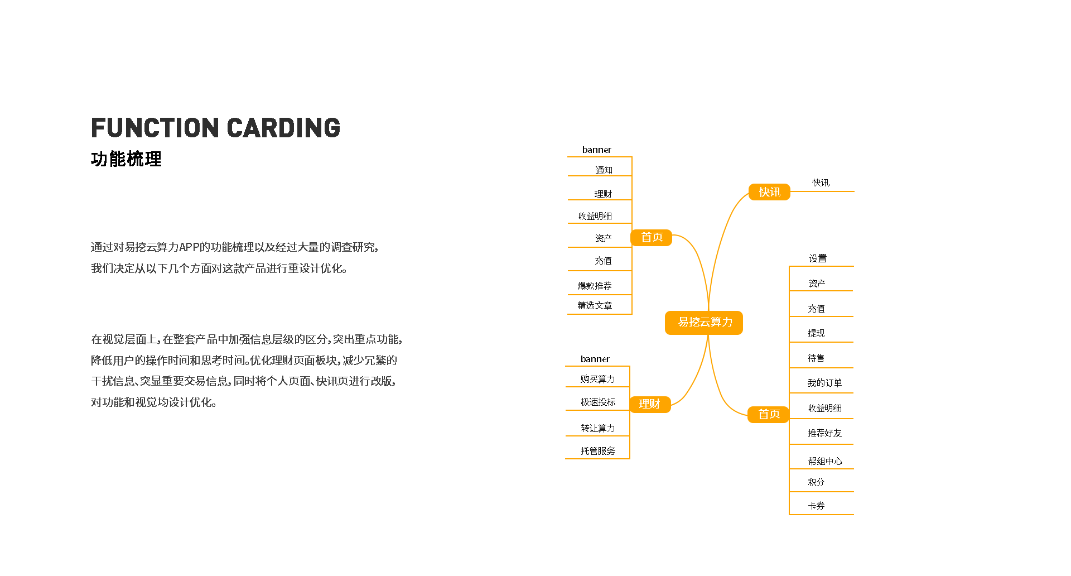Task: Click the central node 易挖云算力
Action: (x=704, y=323)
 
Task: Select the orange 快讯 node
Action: (x=769, y=192)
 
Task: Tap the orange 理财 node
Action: (x=650, y=404)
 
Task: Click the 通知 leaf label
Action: (x=604, y=170)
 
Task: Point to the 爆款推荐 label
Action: (x=595, y=286)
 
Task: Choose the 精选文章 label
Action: (x=595, y=305)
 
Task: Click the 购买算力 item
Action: (x=597, y=379)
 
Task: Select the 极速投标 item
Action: (x=598, y=402)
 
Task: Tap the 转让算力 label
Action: (x=598, y=428)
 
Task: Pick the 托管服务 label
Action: (x=598, y=451)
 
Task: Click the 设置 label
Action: (x=818, y=258)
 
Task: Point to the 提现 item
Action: (x=816, y=333)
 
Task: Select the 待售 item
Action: (x=816, y=358)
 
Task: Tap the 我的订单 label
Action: (x=824, y=383)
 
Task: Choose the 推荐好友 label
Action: (x=824, y=433)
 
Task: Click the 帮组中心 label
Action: (x=825, y=461)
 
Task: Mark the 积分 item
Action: (x=816, y=482)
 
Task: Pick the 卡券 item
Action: (x=816, y=506)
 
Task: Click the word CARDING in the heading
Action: (x=283, y=128)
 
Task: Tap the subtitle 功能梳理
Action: (x=126, y=159)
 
